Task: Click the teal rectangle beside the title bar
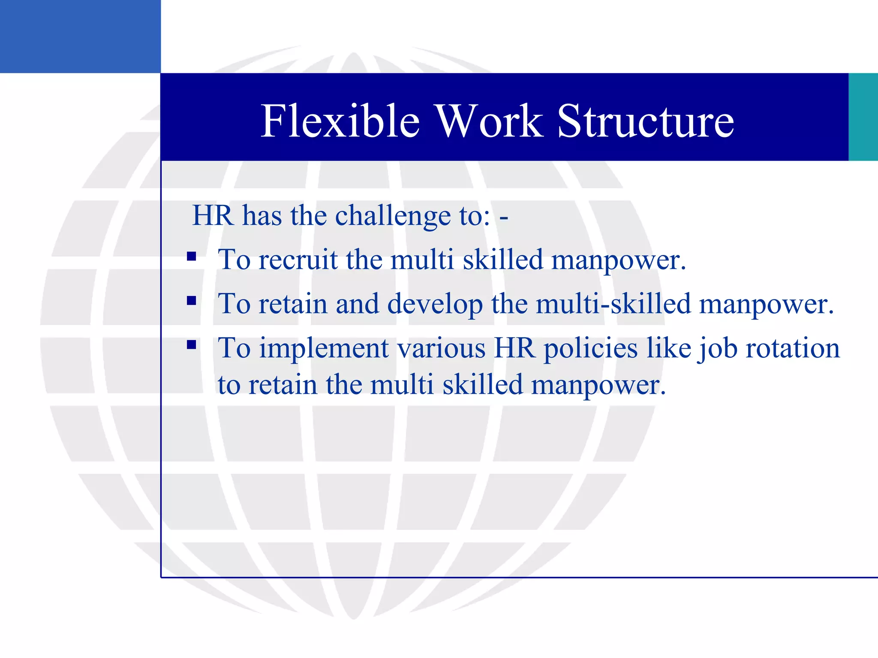(863, 117)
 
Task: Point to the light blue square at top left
(80, 36)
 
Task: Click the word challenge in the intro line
(393, 215)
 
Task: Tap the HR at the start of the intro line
(213, 215)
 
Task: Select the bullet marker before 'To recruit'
(192, 257)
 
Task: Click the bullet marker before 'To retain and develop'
(192, 301)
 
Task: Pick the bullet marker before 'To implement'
(192, 345)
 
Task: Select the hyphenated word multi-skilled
(613, 304)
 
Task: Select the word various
(442, 348)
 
